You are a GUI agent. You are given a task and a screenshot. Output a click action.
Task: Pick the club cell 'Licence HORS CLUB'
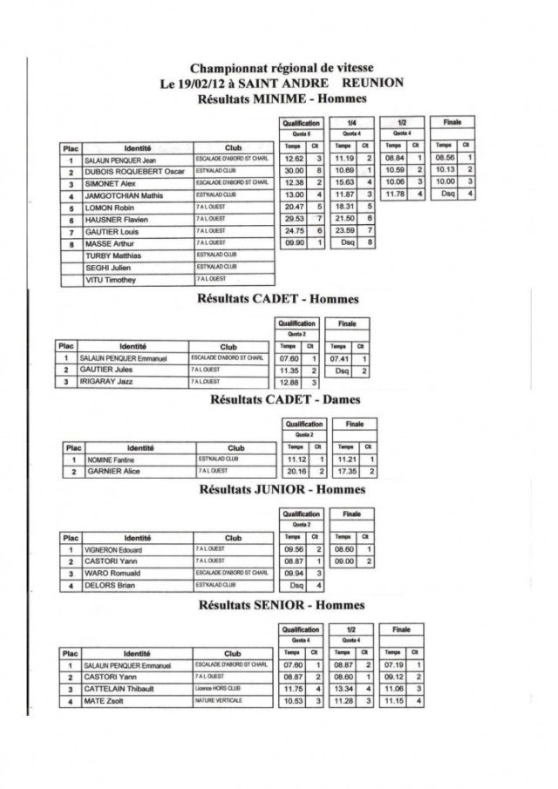(217, 689)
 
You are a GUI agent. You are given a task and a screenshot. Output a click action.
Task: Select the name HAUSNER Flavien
(112, 221)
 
